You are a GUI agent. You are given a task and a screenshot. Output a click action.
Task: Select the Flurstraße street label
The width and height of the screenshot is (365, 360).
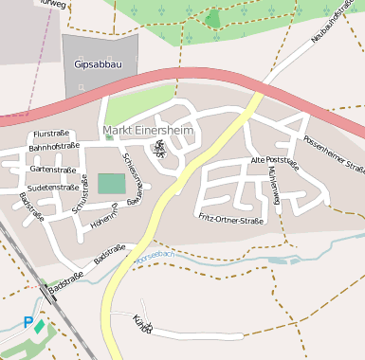tap(53, 135)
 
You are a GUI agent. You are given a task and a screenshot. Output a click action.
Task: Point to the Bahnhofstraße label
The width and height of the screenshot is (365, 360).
tap(54, 147)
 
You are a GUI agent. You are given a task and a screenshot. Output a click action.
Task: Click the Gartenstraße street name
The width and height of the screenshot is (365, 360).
tap(53, 170)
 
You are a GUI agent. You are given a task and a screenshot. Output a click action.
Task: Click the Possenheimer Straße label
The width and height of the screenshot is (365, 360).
tap(334, 154)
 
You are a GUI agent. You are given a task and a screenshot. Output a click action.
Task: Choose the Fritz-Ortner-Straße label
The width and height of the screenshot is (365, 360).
tap(230, 220)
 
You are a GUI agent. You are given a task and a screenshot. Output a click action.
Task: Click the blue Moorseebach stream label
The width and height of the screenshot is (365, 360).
tap(155, 256)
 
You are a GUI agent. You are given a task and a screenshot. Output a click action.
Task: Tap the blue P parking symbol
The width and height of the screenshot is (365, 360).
tap(27, 323)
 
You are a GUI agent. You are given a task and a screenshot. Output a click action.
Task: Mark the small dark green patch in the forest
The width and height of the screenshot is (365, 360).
tap(213, 18)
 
